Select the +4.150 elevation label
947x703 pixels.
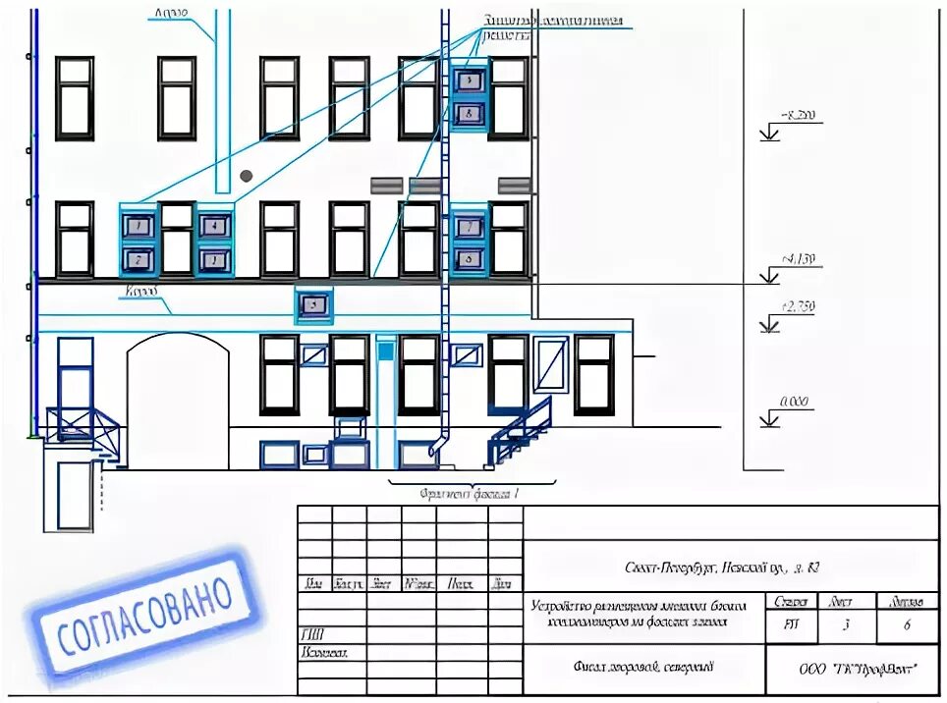tap(798, 259)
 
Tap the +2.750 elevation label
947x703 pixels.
tap(797, 306)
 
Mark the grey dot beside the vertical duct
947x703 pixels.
tap(246, 175)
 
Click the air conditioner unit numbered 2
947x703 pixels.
tap(139, 260)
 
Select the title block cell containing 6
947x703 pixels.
tap(906, 622)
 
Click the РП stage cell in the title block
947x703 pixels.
tap(790, 622)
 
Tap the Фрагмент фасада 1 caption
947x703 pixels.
tap(469, 494)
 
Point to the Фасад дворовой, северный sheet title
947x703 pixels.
tap(643, 668)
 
